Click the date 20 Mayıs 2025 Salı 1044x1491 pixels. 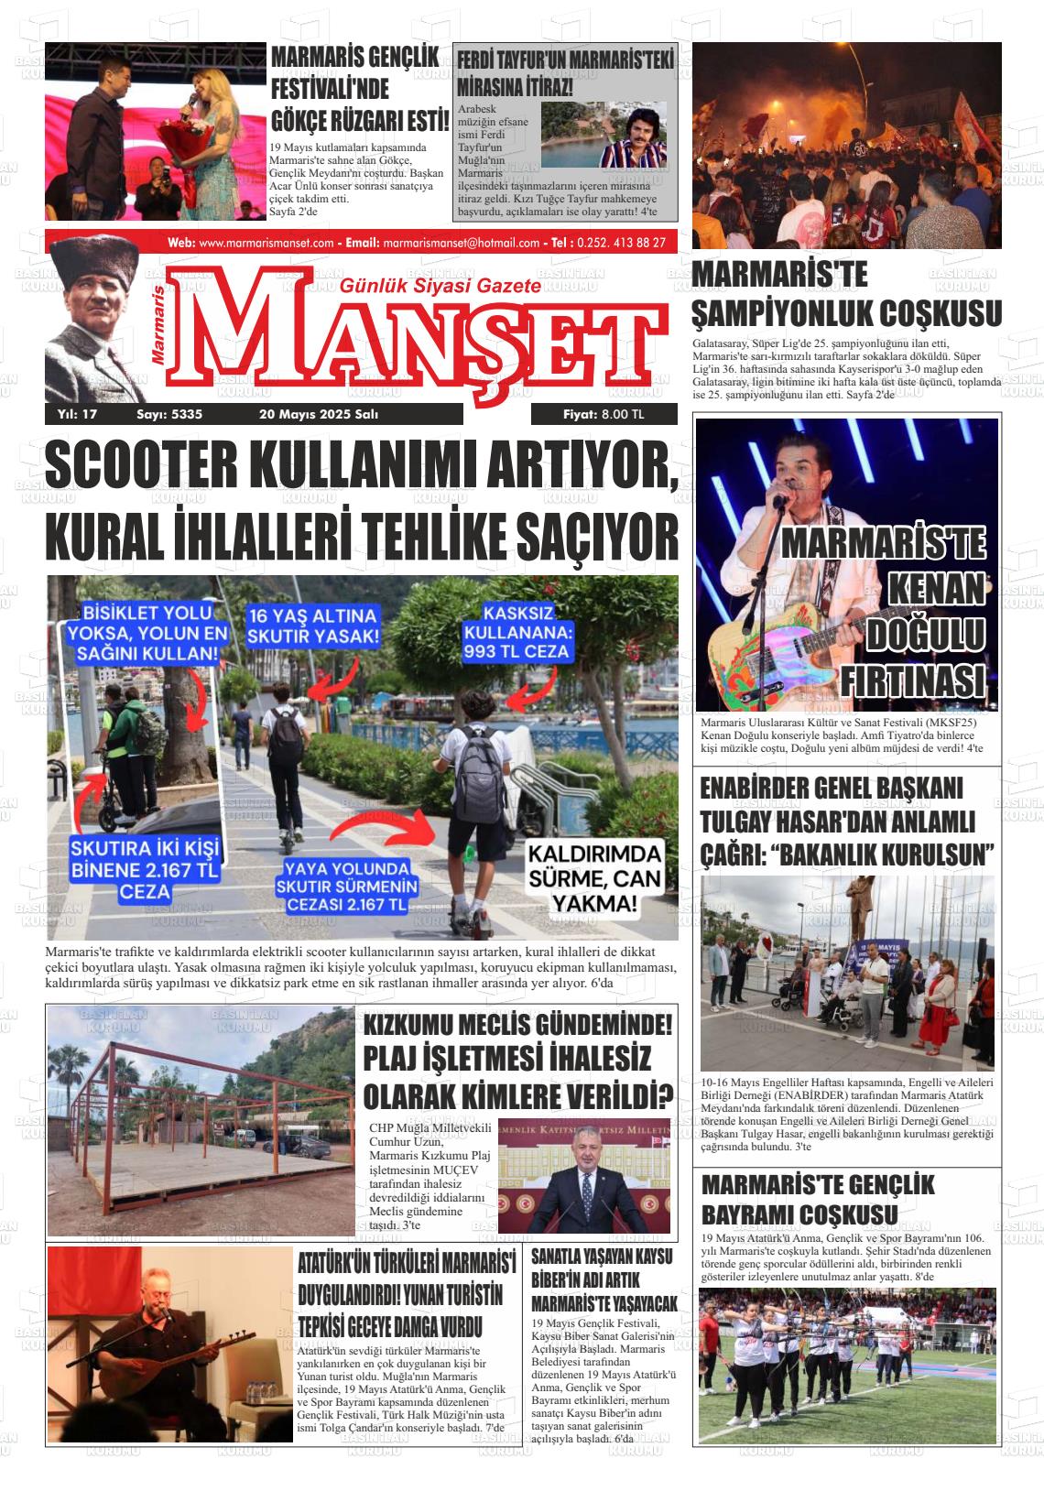coord(319,415)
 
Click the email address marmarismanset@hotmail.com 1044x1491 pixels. coord(461,243)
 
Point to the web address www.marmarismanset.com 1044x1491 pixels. coord(266,243)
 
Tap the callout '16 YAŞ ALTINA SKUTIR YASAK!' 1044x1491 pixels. coord(312,626)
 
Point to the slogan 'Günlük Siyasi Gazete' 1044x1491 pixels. coord(440,287)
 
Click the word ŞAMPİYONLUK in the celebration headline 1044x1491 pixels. coord(778,313)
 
